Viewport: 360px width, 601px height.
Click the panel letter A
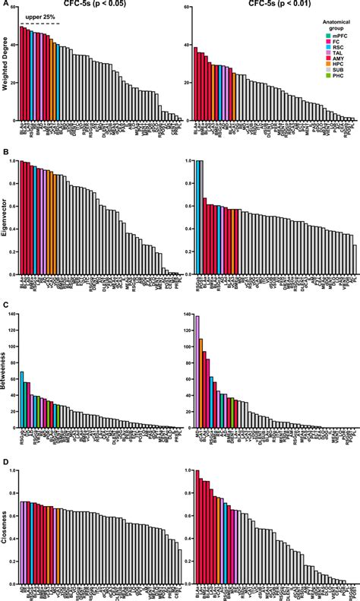coord(3,5)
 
